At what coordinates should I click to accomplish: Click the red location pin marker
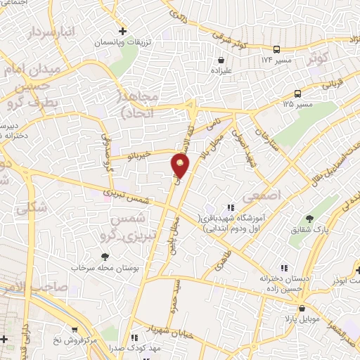(x=181, y=165)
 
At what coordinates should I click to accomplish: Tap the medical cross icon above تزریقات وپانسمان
(x=123, y=31)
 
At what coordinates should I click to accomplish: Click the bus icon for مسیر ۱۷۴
(x=277, y=49)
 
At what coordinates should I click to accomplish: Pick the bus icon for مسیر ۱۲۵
(x=298, y=94)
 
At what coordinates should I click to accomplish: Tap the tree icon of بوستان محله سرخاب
(x=105, y=257)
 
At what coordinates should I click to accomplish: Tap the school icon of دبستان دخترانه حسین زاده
(x=283, y=268)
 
